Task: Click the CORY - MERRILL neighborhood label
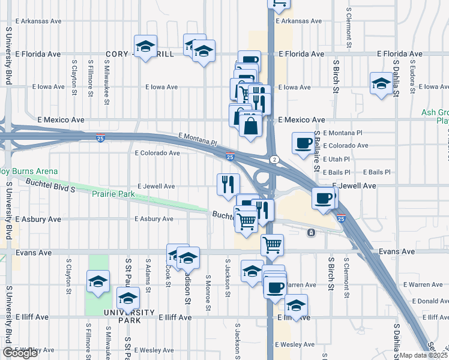(x=139, y=54)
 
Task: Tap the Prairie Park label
(x=113, y=194)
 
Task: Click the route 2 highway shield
(x=274, y=159)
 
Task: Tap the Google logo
(x=20, y=353)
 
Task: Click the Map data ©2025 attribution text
(x=424, y=355)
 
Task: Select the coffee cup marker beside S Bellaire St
(x=303, y=143)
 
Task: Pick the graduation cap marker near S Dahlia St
(x=381, y=84)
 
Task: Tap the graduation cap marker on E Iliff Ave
(x=296, y=304)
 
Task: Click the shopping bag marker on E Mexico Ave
(x=250, y=125)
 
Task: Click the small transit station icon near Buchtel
(x=310, y=232)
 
